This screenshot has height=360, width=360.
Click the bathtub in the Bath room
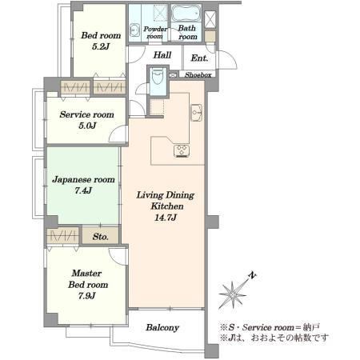[186, 14]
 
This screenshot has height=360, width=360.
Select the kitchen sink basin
[197, 113]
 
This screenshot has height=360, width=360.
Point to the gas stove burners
[182, 150]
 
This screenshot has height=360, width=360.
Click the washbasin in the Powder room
[134, 30]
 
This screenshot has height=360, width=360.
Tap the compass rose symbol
[233, 294]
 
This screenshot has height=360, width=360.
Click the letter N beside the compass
[252, 275]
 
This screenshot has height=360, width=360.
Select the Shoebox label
[198, 75]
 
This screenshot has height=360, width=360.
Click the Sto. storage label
[101, 237]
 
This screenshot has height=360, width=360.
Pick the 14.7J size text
[166, 218]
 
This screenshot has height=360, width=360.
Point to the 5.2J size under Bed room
[101, 46]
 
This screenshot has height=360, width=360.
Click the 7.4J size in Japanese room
[83, 190]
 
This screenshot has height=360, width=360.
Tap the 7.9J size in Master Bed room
[87, 295]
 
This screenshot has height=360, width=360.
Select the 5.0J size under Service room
[87, 126]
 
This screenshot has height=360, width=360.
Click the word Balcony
[162, 327]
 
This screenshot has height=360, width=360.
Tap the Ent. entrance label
[199, 58]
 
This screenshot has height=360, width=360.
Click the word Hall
[162, 55]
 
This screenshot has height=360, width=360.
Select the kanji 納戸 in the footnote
[311, 327]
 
